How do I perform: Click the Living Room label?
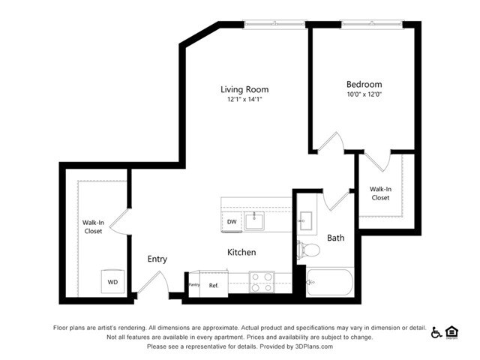click(244, 89)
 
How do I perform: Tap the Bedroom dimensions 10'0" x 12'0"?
click(364, 95)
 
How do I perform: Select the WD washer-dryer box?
click(112, 282)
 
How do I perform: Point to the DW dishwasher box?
click(232, 222)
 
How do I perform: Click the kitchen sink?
click(256, 220)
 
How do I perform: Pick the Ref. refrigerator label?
click(214, 285)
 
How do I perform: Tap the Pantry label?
click(193, 285)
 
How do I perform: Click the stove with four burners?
click(261, 282)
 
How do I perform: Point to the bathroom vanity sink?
click(306, 220)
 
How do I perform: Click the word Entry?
click(157, 259)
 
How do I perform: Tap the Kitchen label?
click(241, 253)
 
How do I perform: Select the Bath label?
click(335, 238)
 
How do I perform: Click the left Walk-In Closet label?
click(93, 226)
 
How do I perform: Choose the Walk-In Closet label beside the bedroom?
click(380, 193)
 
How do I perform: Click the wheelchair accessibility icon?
click(436, 331)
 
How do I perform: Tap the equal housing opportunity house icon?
click(451, 331)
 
